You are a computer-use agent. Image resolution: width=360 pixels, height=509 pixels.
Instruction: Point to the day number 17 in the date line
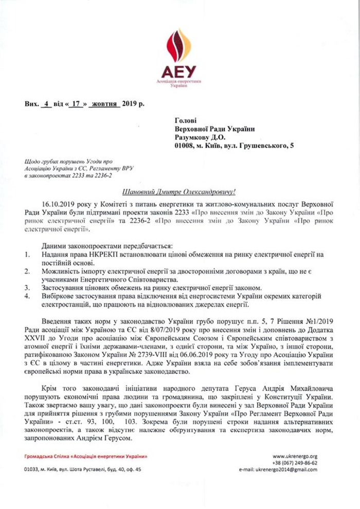[x=77, y=103]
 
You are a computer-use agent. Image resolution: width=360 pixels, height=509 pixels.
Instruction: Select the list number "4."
[x=27, y=297]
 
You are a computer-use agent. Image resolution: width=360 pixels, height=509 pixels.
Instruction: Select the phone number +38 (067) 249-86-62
[x=295, y=463]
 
